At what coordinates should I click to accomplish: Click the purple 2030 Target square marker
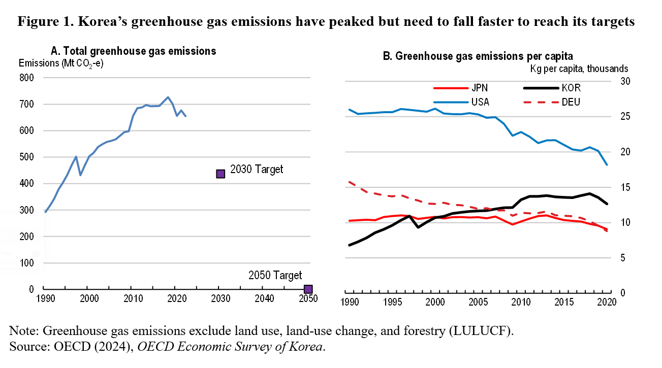tap(220, 174)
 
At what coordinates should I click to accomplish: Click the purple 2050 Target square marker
tap(308, 289)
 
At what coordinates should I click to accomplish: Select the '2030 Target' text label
tap(257, 170)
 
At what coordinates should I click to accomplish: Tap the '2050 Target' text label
tap(275, 276)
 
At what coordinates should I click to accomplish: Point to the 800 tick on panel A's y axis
tap(27, 78)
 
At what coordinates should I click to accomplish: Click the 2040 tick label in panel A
tap(263, 298)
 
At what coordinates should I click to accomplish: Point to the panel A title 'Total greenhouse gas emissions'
tap(134, 51)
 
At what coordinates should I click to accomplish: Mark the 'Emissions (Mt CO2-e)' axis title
tap(61, 64)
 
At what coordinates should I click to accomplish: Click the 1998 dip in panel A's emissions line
tap(80, 175)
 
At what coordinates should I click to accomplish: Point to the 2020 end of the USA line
tap(607, 164)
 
